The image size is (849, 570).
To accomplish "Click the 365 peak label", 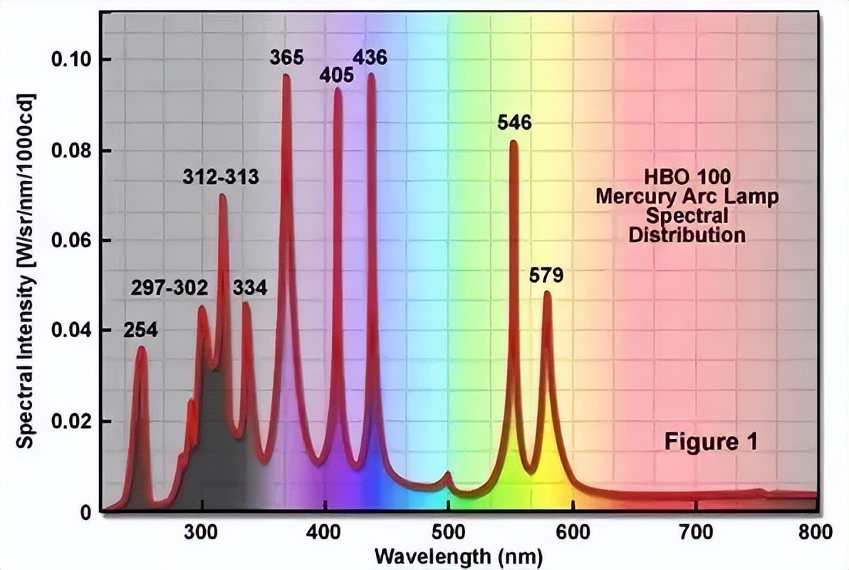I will tap(286, 57).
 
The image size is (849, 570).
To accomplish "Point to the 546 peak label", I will tap(514, 123).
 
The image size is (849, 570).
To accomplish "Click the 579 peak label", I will tap(546, 274).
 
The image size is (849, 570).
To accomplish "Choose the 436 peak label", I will tap(370, 57).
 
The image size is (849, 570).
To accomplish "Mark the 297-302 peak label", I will tap(170, 289).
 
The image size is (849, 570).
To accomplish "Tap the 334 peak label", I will tap(249, 289).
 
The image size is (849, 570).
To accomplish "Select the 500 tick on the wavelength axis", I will tap(448, 531).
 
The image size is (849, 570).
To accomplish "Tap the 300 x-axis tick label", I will tap(202, 531).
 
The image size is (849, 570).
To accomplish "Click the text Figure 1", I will tap(710, 442).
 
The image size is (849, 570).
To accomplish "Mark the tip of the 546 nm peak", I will tap(513, 142).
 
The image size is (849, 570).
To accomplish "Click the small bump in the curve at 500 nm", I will tap(448, 474).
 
